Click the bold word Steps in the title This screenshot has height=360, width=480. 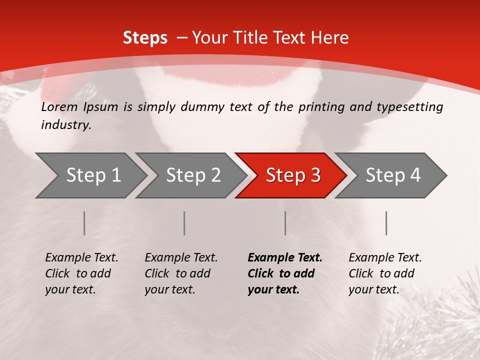(145, 38)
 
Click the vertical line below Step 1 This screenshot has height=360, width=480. (84, 223)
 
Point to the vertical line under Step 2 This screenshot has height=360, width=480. (184, 223)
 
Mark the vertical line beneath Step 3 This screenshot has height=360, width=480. (285, 223)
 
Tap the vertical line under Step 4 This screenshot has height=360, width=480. (386, 223)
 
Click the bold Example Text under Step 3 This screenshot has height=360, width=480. (285, 258)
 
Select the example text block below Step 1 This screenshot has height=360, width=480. (81, 273)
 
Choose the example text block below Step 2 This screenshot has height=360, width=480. (181, 273)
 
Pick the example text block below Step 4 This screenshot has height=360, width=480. (385, 273)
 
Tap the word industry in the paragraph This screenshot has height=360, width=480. (65, 125)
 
